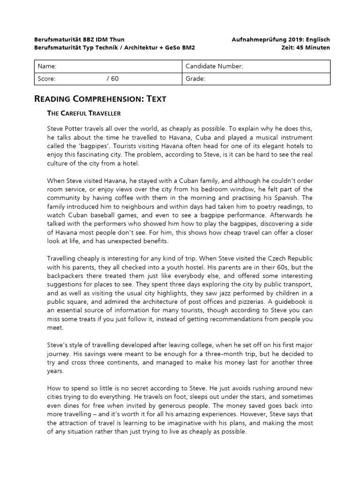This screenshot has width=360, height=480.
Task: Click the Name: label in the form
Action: pos(47,67)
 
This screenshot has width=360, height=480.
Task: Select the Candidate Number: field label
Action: pos(214,67)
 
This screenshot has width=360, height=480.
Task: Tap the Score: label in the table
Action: pos(46,79)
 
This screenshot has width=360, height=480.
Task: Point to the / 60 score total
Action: pos(112,79)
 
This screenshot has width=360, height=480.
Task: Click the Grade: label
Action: pos(195,79)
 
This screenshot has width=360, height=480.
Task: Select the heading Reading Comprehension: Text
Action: pos(100,99)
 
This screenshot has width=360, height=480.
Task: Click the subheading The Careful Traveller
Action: pos(84,113)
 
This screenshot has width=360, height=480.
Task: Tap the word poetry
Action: pos(264,207)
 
